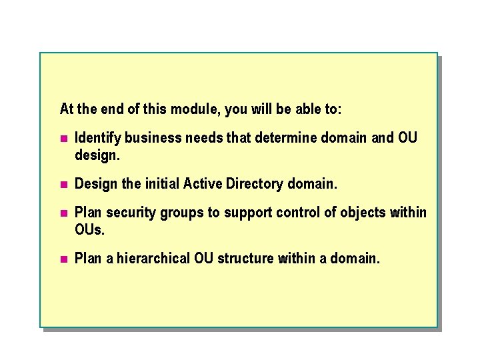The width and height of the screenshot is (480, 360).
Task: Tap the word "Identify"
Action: click(98, 138)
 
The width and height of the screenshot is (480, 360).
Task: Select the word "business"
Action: click(153, 138)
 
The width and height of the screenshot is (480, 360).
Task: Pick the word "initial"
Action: click(161, 183)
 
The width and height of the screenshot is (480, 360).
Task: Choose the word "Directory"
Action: click(255, 183)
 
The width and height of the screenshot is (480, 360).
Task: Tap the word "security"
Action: click(129, 213)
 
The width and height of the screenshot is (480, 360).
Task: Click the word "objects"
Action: click(361, 213)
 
